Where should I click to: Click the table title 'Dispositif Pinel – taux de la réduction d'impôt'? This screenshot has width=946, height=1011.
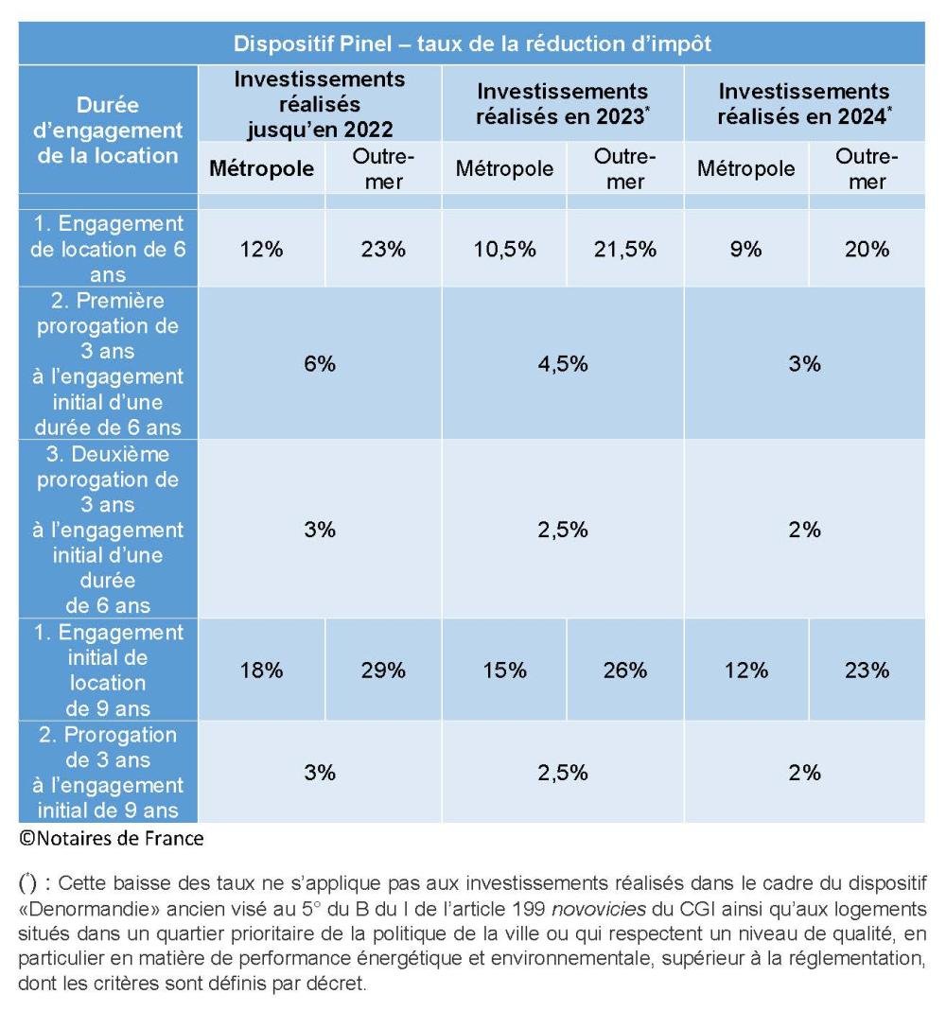point(472,44)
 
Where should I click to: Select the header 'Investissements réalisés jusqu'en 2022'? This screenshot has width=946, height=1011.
point(319,104)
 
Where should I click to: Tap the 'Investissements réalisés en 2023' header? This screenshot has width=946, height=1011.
point(562,103)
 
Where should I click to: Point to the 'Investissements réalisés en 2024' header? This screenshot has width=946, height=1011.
point(804,103)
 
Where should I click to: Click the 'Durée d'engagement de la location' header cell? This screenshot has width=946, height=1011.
point(108,131)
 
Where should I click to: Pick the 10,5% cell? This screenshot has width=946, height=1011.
point(504,249)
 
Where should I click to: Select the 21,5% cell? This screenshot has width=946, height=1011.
point(625,249)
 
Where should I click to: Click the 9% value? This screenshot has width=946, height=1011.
point(745,249)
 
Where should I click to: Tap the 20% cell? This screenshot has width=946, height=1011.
point(867,249)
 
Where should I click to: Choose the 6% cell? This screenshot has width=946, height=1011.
point(320,364)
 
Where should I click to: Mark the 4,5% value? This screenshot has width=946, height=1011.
point(562,364)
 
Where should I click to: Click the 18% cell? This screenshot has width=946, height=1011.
point(261,670)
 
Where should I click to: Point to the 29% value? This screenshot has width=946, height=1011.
point(383,670)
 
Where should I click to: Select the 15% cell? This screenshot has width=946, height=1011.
point(504,670)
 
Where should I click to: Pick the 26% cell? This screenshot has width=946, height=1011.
point(625,670)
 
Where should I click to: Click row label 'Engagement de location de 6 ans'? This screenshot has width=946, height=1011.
point(108,249)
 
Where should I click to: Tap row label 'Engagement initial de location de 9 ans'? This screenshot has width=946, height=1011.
point(108,670)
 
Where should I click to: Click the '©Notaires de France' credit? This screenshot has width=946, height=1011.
point(112,838)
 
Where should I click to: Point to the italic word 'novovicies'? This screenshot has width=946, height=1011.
point(599,909)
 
